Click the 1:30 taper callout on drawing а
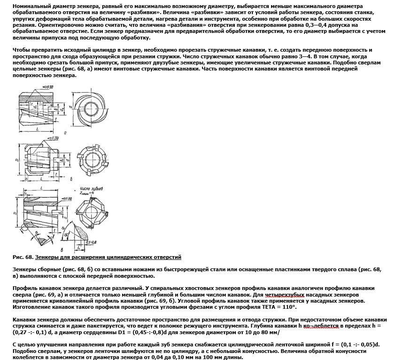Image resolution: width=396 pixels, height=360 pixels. [x=48, y=87]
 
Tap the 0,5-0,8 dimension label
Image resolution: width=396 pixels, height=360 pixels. [x=91, y=243]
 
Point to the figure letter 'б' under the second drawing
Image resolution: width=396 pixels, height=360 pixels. [x=71, y=179]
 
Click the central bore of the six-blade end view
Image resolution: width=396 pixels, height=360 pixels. [x=92, y=160]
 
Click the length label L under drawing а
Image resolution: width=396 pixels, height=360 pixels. [x=37, y=129]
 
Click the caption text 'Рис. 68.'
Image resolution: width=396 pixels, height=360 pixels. [x=23, y=257]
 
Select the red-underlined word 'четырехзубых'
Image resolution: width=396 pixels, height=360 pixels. [x=285, y=295]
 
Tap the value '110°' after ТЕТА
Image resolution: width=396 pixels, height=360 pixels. [x=289, y=307]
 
